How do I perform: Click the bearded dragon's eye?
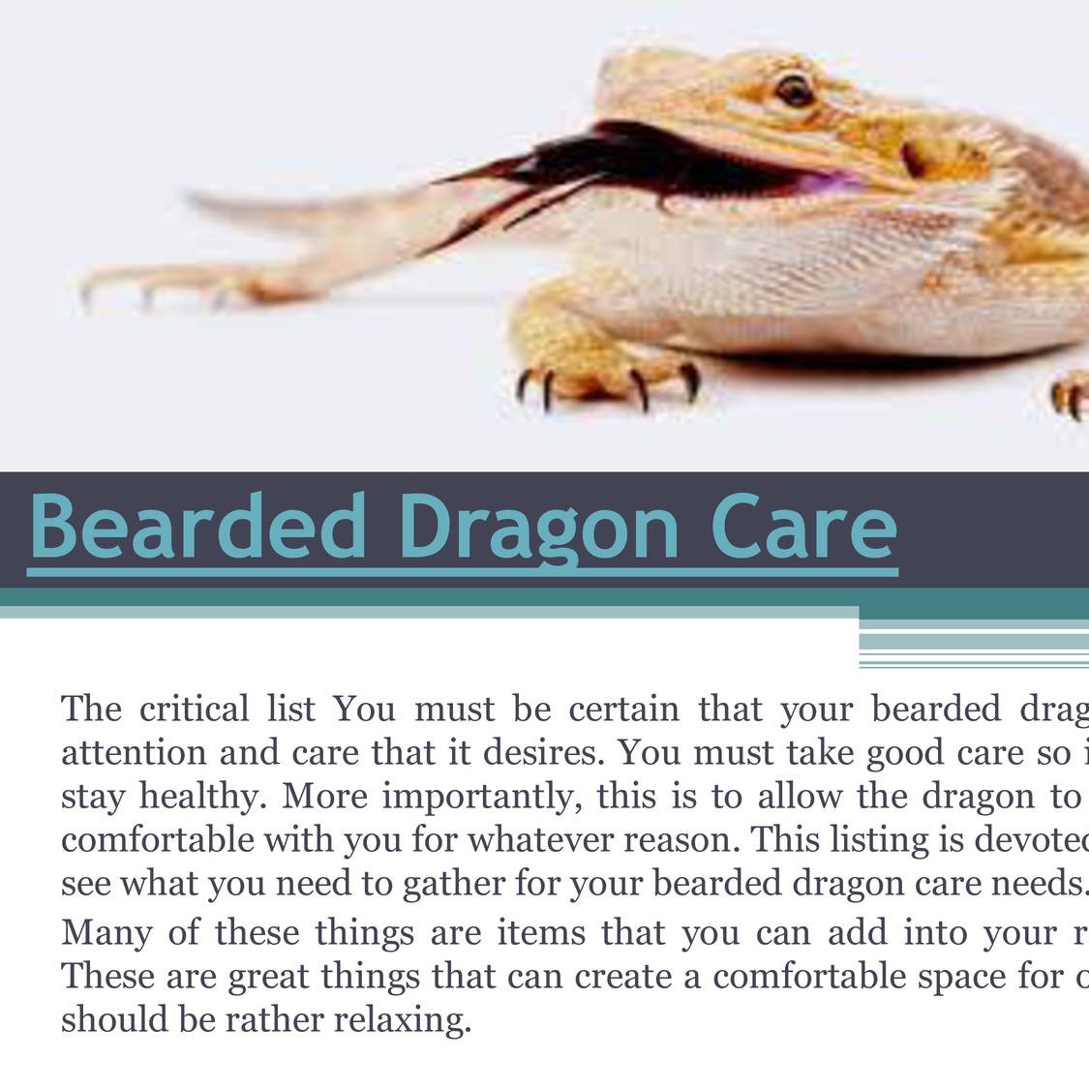coord(794,91)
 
